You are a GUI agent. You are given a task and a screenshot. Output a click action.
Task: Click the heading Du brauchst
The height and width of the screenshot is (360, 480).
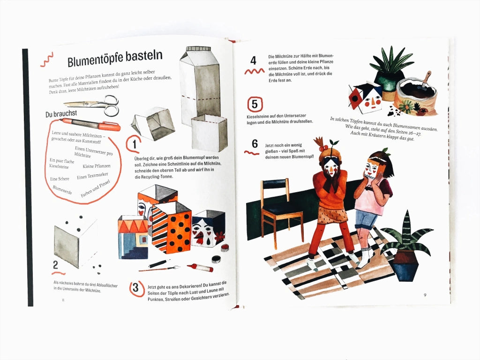[x=61, y=114]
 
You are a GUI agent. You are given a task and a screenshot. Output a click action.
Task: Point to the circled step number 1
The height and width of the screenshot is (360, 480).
[x=134, y=144]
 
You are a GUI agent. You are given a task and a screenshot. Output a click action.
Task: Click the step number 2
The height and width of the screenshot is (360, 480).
[x=55, y=264]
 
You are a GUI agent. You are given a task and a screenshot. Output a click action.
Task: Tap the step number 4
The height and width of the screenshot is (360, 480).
[x=253, y=60]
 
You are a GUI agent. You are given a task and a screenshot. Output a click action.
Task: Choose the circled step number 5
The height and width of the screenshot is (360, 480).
[x=255, y=105]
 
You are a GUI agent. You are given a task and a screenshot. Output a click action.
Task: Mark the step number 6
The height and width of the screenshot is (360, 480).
[x=255, y=143]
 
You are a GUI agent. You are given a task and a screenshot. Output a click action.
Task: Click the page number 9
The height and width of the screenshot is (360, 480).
[x=425, y=295]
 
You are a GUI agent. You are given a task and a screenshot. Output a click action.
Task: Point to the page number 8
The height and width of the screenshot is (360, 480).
[x=63, y=300]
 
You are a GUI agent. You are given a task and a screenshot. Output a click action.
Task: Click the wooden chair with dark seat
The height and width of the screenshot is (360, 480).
[x=281, y=211]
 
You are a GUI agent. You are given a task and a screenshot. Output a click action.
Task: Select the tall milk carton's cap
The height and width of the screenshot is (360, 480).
[x=199, y=49]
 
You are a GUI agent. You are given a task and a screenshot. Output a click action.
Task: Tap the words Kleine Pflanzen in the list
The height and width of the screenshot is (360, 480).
[x=97, y=166]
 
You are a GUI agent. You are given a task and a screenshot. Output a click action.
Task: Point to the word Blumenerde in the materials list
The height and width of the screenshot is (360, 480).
[x=62, y=190]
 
